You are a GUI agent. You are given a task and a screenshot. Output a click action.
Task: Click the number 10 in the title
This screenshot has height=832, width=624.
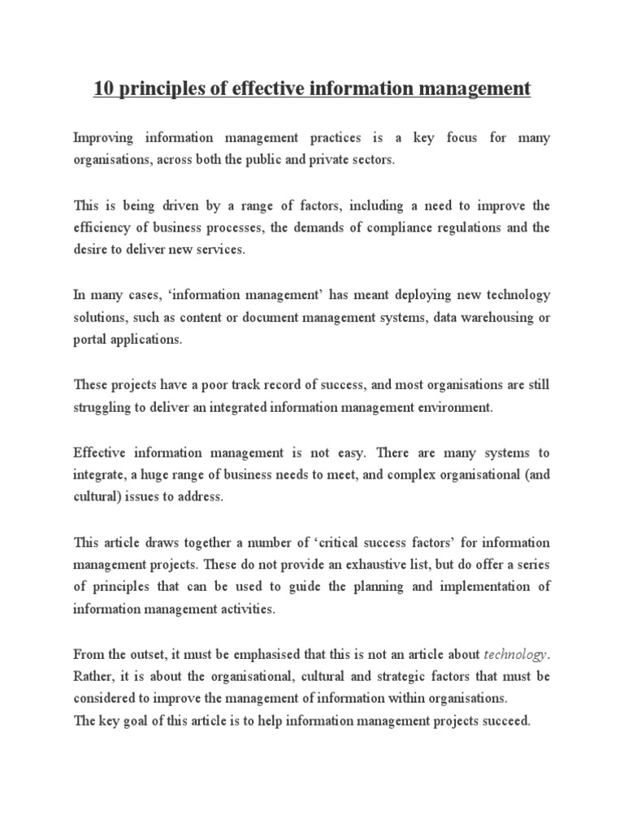point(102,89)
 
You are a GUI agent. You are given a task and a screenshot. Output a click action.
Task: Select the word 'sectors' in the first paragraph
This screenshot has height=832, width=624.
point(370,160)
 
